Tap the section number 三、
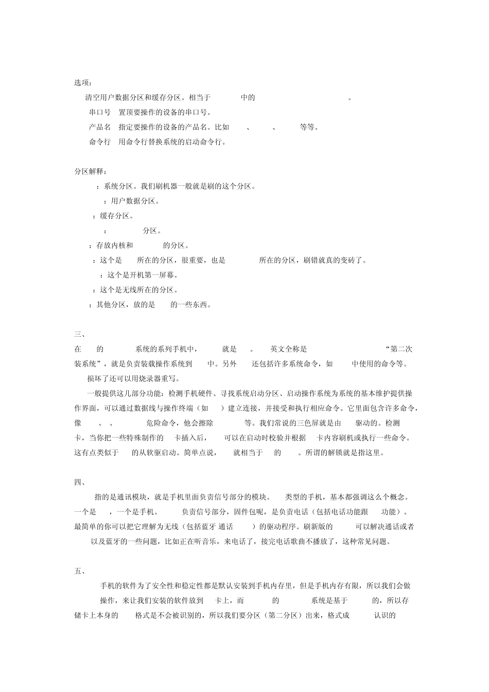[x=80, y=334]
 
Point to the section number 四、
[x=80, y=482]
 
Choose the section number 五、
[x=80, y=571]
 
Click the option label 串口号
[x=100, y=112]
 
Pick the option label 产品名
[x=100, y=127]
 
